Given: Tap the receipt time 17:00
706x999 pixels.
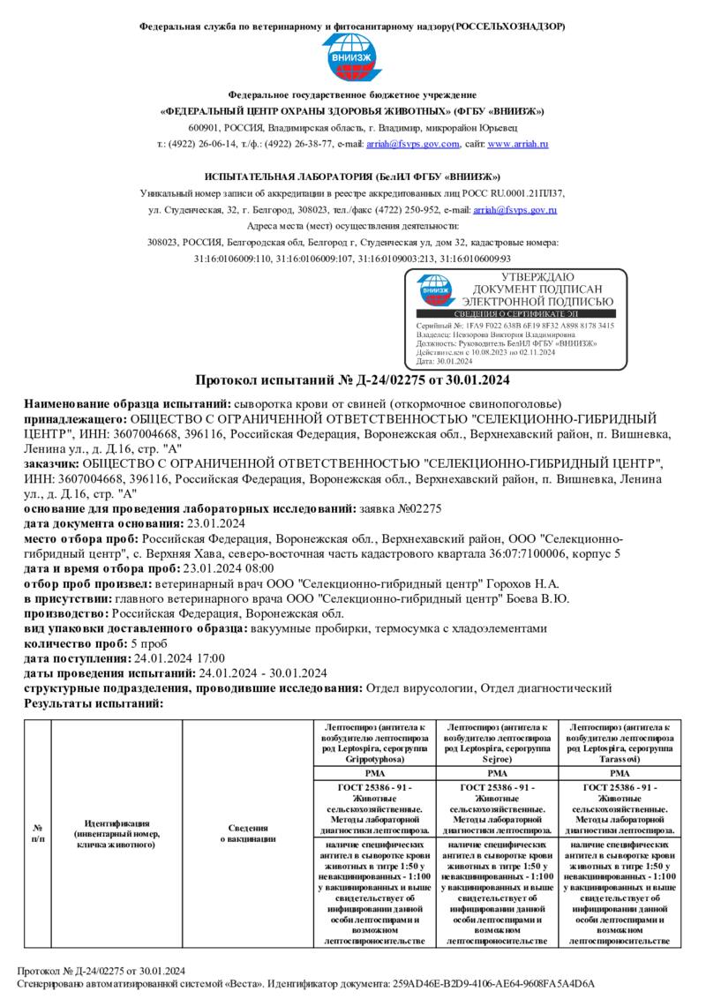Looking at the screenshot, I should click(210, 658).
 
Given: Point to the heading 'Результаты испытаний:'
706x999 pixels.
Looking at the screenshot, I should click(94, 703).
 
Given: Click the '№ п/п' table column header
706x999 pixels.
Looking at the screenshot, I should click(38, 833).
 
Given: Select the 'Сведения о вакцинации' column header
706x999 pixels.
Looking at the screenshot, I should click(247, 833).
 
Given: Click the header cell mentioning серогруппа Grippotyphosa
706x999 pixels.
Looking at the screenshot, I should click(374, 741).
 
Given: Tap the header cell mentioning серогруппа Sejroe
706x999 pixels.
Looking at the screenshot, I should click(498, 741).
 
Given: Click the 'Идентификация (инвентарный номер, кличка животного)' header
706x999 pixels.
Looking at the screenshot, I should click(116, 833).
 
